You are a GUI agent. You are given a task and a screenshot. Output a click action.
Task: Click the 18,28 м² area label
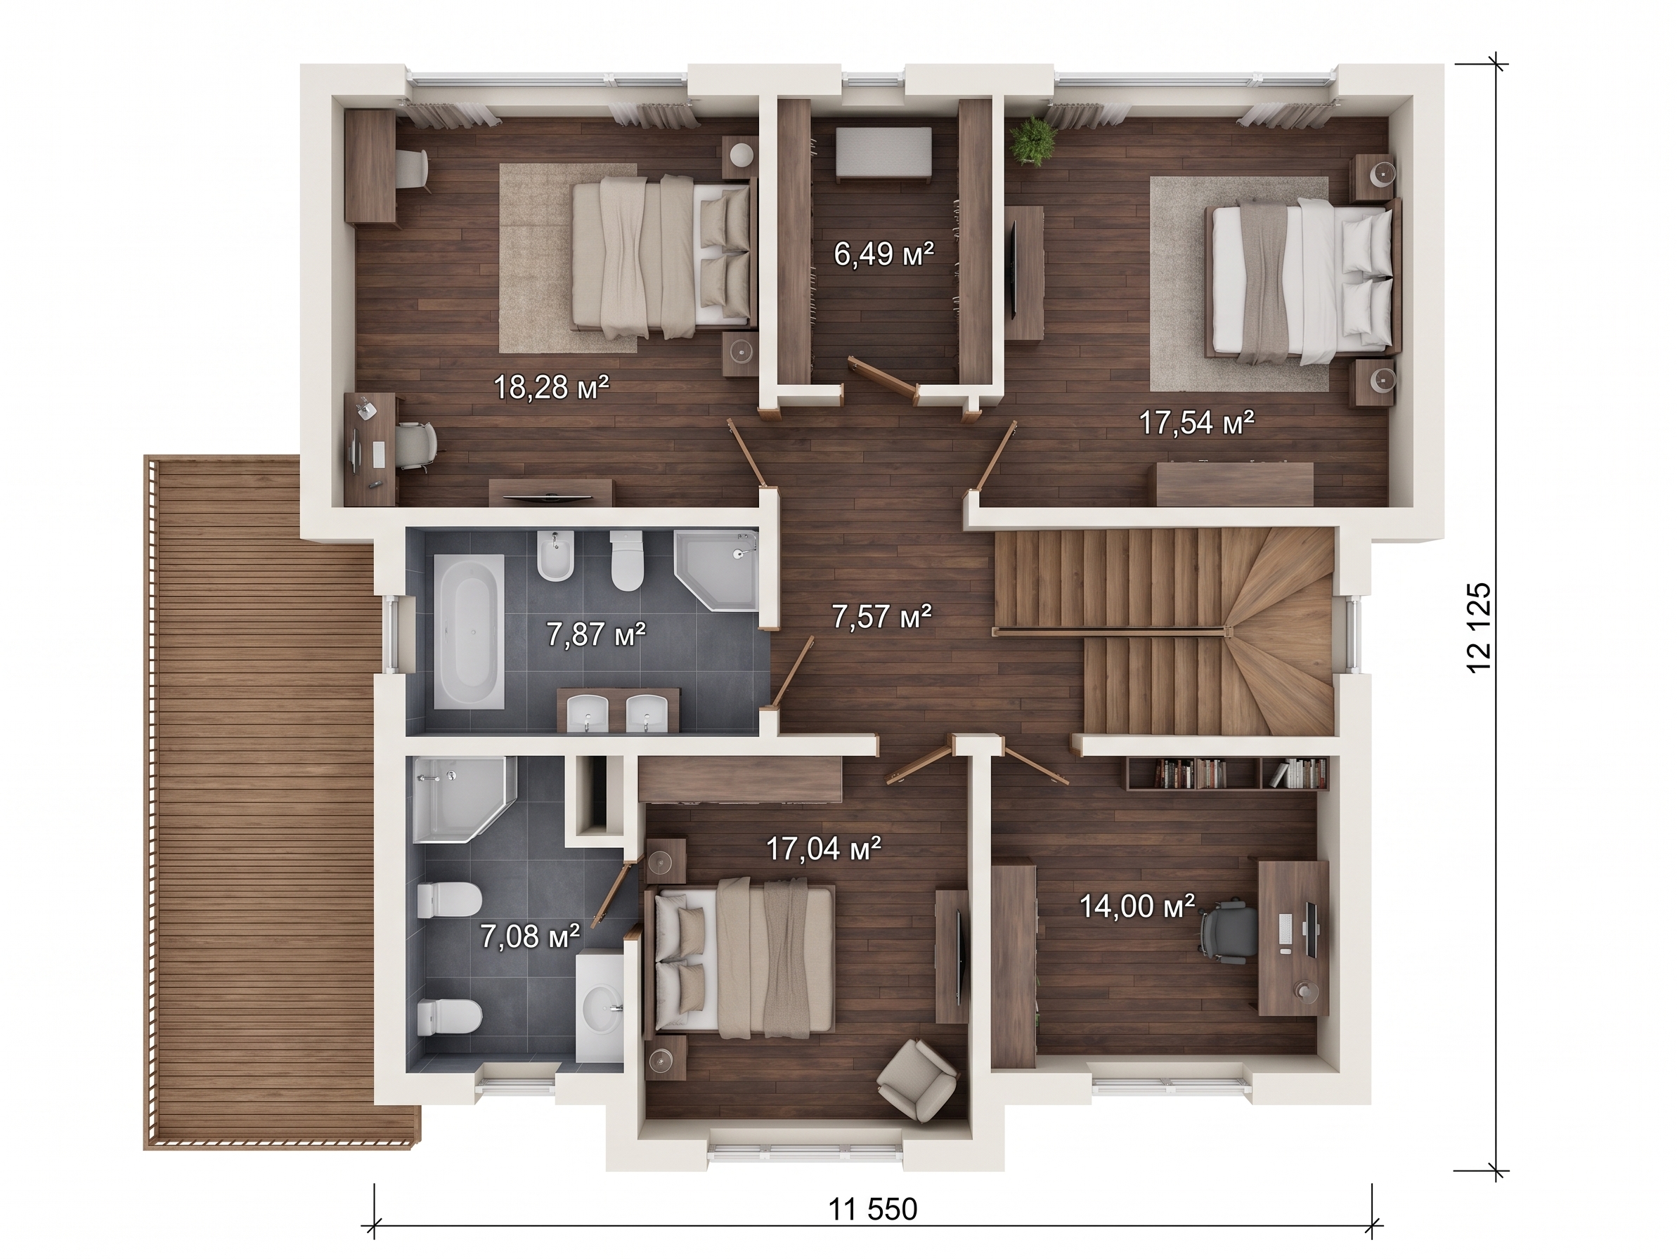tap(551, 387)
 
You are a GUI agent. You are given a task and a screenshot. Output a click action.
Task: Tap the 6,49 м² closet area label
tap(883, 254)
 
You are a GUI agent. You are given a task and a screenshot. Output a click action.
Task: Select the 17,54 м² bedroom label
tap(1196, 422)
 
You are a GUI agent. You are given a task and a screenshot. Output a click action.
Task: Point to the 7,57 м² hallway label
tap(881, 616)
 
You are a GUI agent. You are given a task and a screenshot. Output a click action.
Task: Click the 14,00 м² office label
tap(1137, 906)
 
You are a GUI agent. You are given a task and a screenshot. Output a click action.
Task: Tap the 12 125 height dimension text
tap(1479, 627)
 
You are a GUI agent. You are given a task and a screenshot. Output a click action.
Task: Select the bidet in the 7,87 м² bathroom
tap(555, 556)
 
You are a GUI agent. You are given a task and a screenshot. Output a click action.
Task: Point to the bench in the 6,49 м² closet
tap(883, 155)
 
